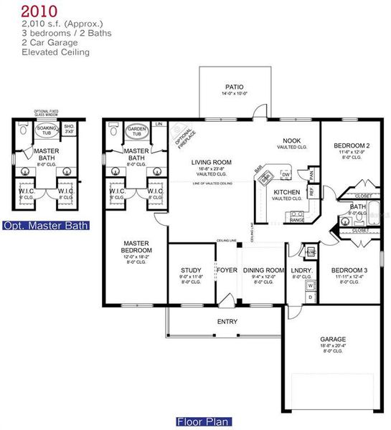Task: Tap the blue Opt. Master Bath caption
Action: point(46,226)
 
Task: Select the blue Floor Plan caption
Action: point(204,421)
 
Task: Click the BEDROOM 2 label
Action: point(352,146)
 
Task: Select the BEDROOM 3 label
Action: point(350,271)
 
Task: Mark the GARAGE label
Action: point(332,339)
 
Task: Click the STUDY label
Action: point(192,271)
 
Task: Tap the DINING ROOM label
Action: point(260,271)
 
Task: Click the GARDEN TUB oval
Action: point(136,132)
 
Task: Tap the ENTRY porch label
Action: point(227,322)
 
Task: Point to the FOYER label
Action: point(227,271)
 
